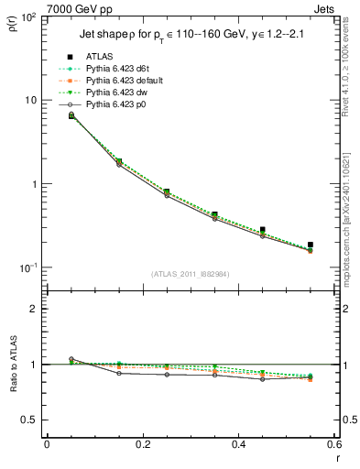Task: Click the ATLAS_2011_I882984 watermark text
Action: (x=188, y=274)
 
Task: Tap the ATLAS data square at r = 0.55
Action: (x=311, y=245)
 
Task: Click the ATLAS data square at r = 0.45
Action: (x=262, y=230)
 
